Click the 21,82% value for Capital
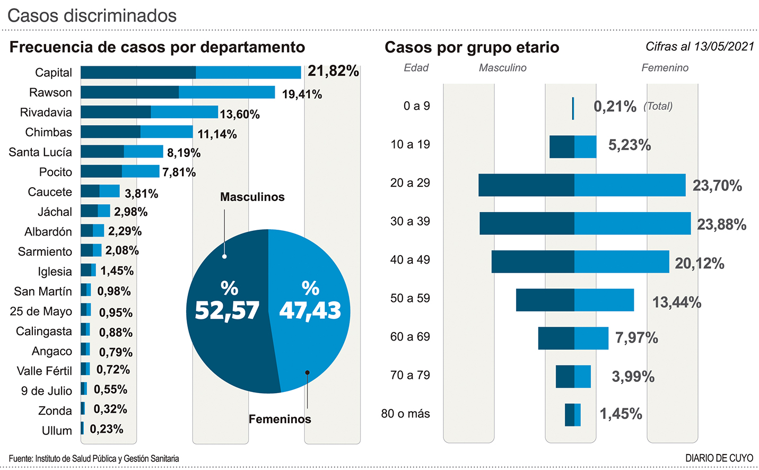tap(333, 71)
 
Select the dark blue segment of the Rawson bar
tap(129, 92)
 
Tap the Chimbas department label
tap(48, 132)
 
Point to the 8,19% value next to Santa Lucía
tap(184, 153)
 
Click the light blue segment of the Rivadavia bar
tap(184, 112)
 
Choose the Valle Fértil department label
tap(44, 371)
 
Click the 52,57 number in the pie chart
tap(227, 310)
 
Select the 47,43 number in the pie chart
tap(310, 310)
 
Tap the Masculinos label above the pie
tap(252, 197)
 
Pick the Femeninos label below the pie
tap(280, 419)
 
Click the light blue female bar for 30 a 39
tap(632, 223)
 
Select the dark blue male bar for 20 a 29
tap(526, 185)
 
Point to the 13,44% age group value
tap(676, 302)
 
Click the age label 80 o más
tap(405, 414)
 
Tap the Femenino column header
tap(665, 68)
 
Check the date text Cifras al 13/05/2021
tap(700, 47)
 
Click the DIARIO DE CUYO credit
tap(719, 458)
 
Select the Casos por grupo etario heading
tap(472, 47)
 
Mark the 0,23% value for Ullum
tap(106, 429)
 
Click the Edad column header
tap(416, 68)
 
